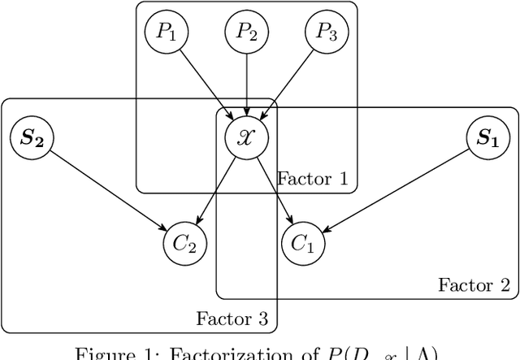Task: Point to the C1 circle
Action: point(303,243)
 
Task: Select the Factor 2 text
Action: point(474,284)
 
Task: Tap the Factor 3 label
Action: point(232,318)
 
